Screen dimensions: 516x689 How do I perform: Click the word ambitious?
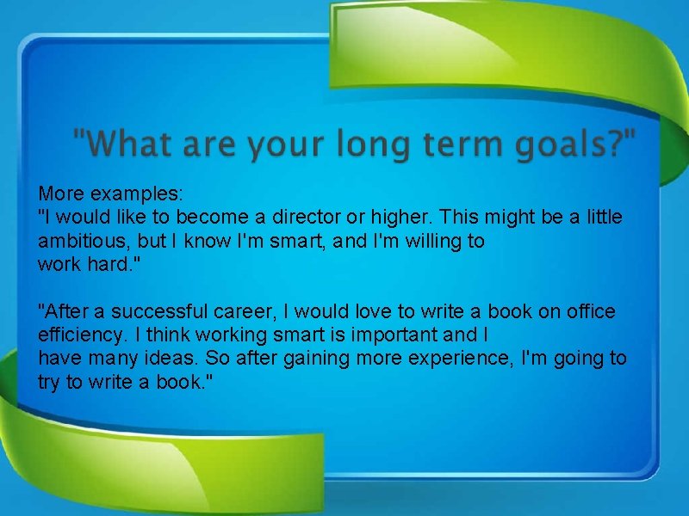84,241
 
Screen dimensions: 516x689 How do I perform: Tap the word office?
590,310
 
